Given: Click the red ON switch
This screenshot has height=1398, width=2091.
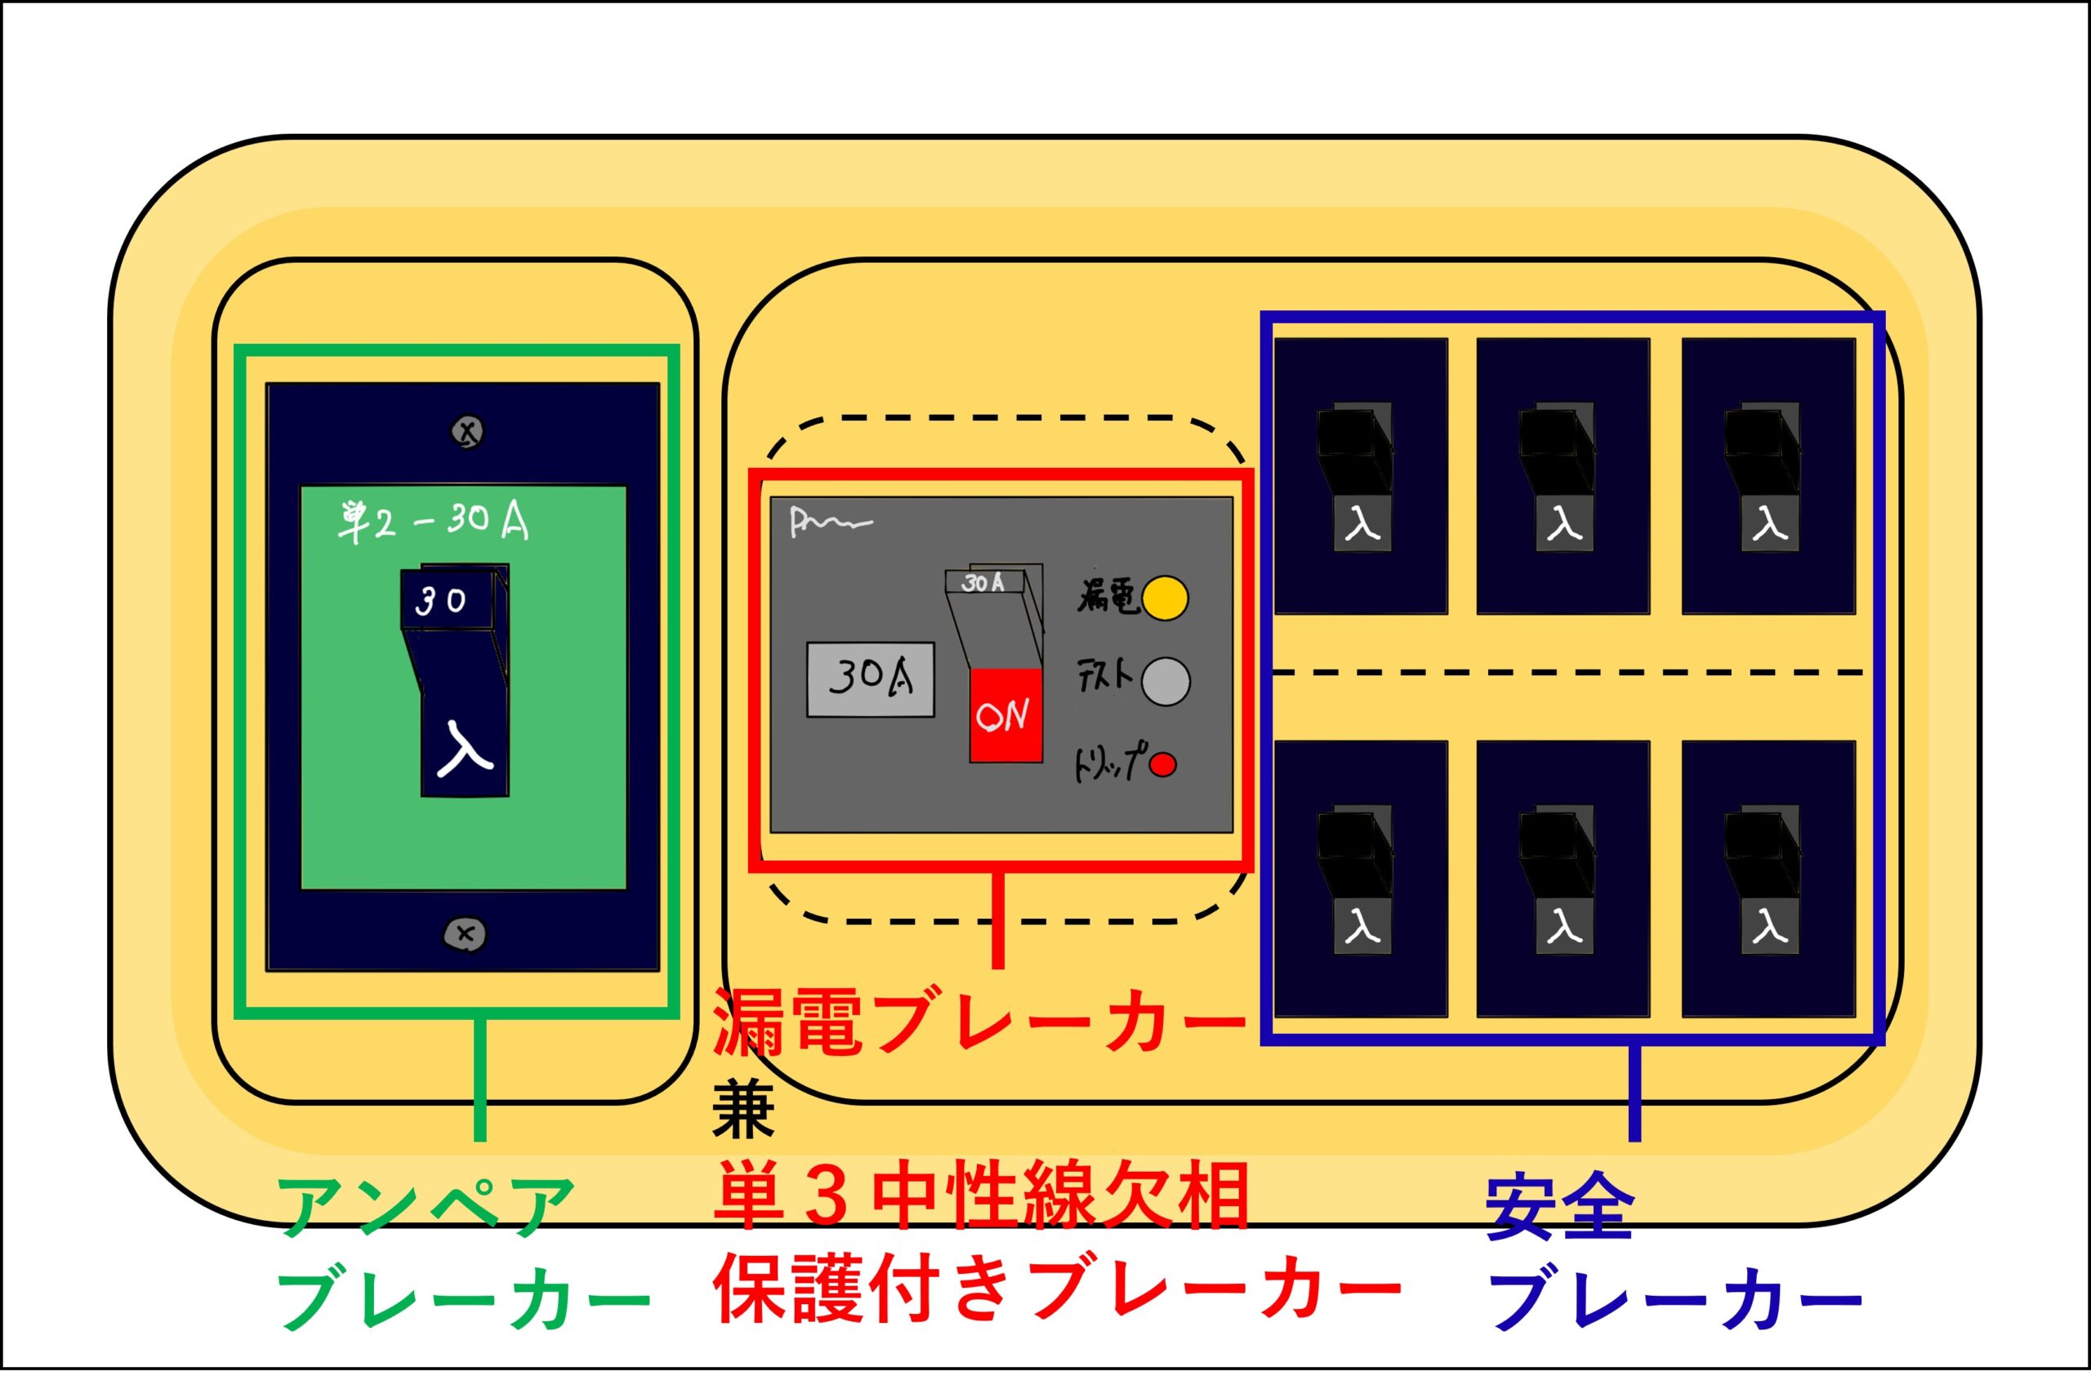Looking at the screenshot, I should click(1005, 715).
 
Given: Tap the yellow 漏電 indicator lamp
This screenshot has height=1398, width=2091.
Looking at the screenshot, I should click(1166, 598).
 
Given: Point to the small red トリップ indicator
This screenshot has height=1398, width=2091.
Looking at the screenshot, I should click(1163, 764).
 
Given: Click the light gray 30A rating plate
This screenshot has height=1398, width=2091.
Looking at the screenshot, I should click(870, 679).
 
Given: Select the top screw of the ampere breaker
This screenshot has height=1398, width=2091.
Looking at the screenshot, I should click(468, 433).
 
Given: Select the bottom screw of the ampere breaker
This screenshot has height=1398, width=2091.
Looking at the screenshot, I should click(465, 934).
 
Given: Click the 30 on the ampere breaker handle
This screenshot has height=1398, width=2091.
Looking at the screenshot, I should click(441, 602).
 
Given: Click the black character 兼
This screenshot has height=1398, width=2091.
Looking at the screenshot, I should click(742, 1108).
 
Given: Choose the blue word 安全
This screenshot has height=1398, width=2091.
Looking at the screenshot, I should click(1559, 1207).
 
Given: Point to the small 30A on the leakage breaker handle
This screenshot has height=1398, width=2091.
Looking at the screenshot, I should click(983, 582).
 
